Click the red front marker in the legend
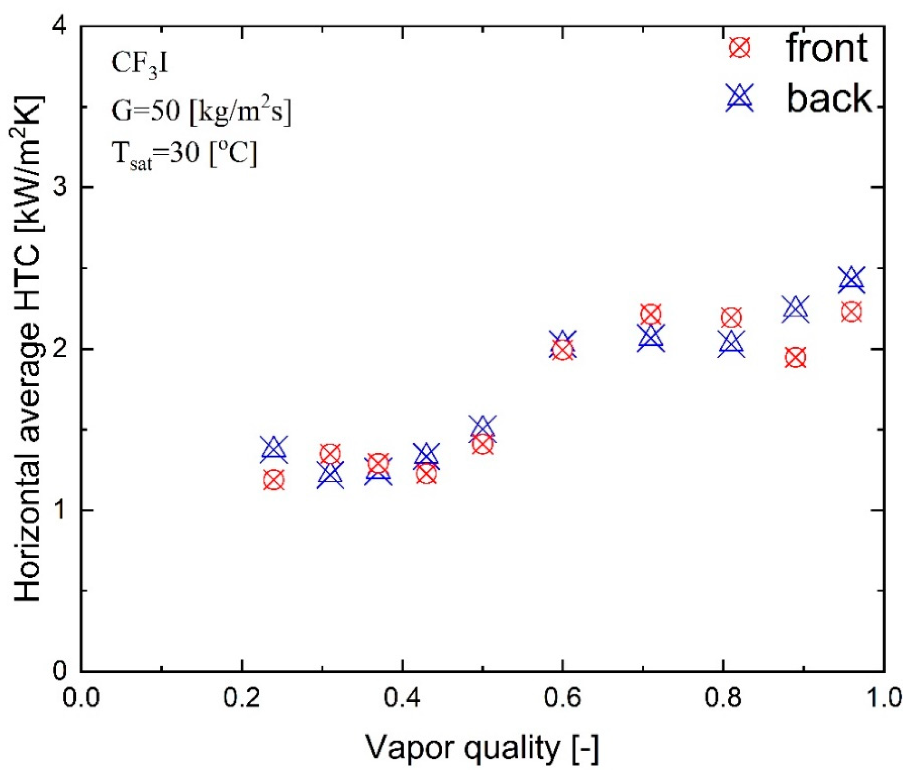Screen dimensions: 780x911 click(x=740, y=48)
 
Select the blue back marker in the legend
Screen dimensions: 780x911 click(x=740, y=97)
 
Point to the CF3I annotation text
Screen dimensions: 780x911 click(x=140, y=64)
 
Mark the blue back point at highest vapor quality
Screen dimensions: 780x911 click(x=851, y=280)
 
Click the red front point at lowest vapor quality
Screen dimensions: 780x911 click(x=274, y=480)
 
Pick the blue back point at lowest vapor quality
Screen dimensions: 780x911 click(x=274, y=449)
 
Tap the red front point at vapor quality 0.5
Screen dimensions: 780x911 click(x=483, y=445)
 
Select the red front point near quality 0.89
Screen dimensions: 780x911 click(x=795, y=357)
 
